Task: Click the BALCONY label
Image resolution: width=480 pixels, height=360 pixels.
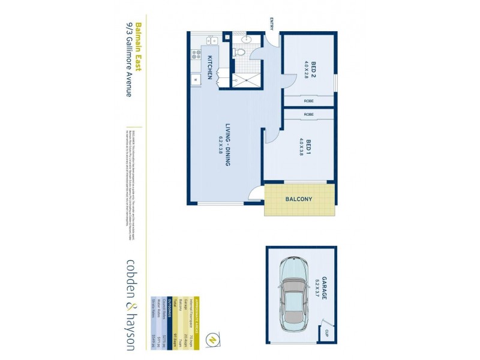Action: click(298, 199)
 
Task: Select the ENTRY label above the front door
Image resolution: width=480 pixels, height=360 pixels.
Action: click(272, 25)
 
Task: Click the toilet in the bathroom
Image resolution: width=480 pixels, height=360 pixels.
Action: click(239, 53)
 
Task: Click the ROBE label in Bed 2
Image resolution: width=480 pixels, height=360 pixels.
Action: click(308, 101)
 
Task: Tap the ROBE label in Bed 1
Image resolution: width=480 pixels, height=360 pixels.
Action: click(308, 114)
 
